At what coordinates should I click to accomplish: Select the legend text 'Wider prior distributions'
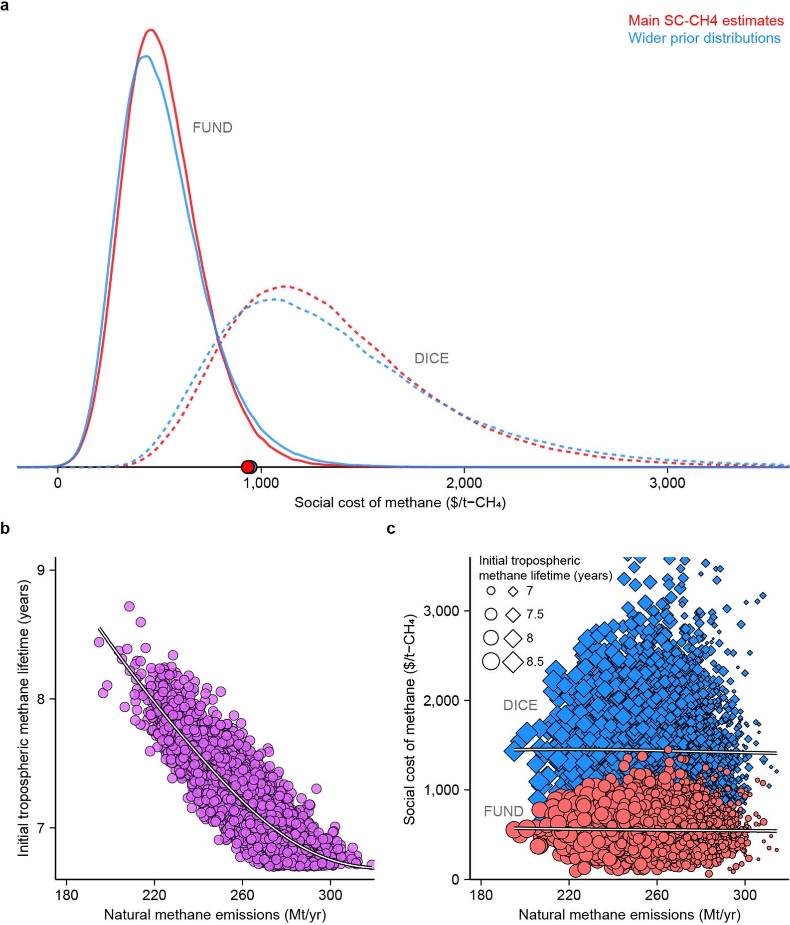[704, 38]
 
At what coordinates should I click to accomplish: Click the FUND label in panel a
[212, 128]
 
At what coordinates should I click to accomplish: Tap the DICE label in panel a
[432, 358]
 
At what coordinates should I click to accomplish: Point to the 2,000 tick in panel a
[465, 483]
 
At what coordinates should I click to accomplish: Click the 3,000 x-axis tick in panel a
[668, 483]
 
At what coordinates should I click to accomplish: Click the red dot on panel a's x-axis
[247, 467]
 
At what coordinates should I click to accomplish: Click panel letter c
[391, 529]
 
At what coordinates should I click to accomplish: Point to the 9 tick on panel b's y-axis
[43, 570]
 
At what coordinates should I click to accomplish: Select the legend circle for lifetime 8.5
[491, 661]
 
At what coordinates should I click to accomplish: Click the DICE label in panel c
[520, 705]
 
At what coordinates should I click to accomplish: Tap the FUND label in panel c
[504, 811]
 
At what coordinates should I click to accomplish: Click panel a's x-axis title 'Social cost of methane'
[400, 502]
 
